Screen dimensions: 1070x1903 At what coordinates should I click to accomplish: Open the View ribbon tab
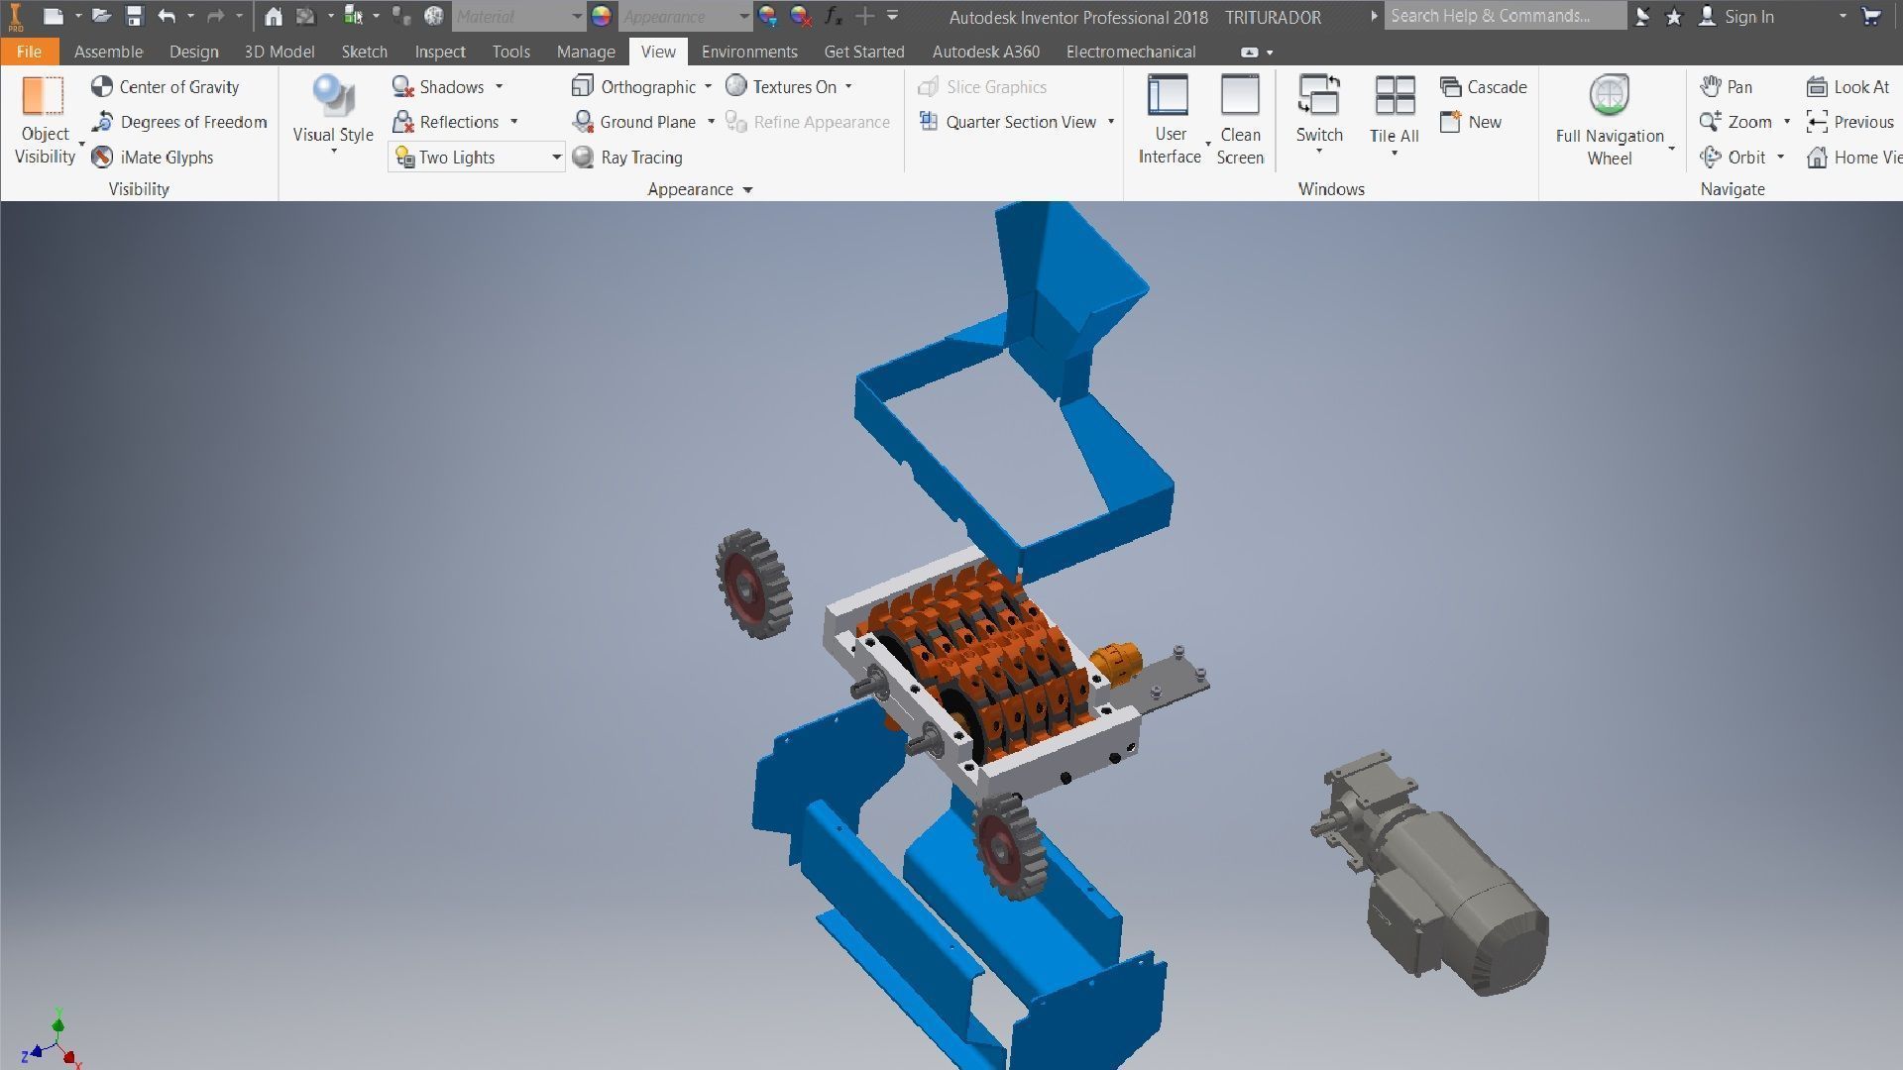click(x=658, y=52)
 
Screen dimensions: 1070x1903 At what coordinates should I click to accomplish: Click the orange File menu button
click(x=29, y=52)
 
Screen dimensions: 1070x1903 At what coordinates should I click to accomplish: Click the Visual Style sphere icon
click(x=333, y=97)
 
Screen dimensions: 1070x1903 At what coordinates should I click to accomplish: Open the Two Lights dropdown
click(x=556, y=158)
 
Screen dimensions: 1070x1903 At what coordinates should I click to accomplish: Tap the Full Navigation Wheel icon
click(x=1610, y=97)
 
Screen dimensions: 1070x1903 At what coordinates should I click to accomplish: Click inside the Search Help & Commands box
click(x=1504, y=16)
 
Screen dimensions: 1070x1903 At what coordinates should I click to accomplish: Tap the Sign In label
click(x=1748, y=17)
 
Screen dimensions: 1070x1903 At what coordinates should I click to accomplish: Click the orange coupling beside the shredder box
click(x=1116, y=661)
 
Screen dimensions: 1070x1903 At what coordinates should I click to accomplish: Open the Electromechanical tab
click(x=1130, y=52)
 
